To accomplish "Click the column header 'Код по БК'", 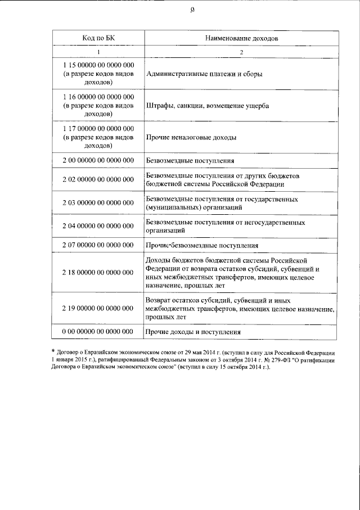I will point(98,38).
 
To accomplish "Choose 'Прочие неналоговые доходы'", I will point(191,137).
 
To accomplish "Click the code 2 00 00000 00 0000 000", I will point(98,161).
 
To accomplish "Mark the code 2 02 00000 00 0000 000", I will point(98,180).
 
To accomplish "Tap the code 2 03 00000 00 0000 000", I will point(98,203).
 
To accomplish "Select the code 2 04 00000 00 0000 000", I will point(98,226).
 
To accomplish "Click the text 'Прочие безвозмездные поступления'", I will point(202,246).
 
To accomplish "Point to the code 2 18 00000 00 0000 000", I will point(98,273).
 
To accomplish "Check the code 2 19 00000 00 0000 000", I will point(98,309).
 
